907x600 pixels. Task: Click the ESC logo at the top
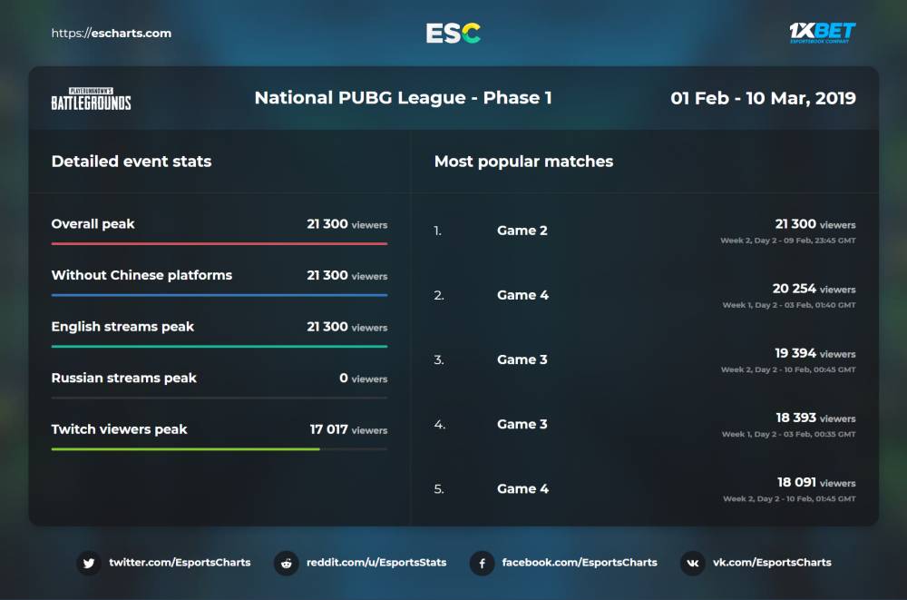click(x=453, y=34)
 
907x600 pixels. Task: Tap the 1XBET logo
click(x=822, y=33)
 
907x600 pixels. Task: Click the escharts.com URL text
click(x=112, y=34)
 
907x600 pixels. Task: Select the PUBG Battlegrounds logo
click(x=91, y=99)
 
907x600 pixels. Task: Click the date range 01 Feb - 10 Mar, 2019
click(x=763, y=98)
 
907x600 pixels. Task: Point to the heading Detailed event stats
click(x=132, y=162)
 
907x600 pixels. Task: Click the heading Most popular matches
click(x=523, y=162)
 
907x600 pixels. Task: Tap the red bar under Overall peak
click(x=219, y=243)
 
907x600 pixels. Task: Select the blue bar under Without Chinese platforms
click(x=219, y=295)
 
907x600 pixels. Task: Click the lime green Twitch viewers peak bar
click(x=185, y=449)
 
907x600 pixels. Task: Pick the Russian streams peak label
click(x=123, y=378)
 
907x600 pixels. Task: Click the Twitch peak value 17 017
click(x=328, y=429)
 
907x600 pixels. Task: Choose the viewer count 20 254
click(x=794, y=289)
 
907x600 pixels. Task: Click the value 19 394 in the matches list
click(x=795, y=353)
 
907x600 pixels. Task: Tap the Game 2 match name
click(x=522, y=231)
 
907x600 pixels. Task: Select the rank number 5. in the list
click(x=439, y=489)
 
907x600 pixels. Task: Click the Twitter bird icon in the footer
click(x=89, y=563)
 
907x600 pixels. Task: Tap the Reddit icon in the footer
click(x=287, y=563)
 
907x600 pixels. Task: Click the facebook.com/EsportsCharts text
click(x=579, y=563)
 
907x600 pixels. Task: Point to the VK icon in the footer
click(x=693, y=563)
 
